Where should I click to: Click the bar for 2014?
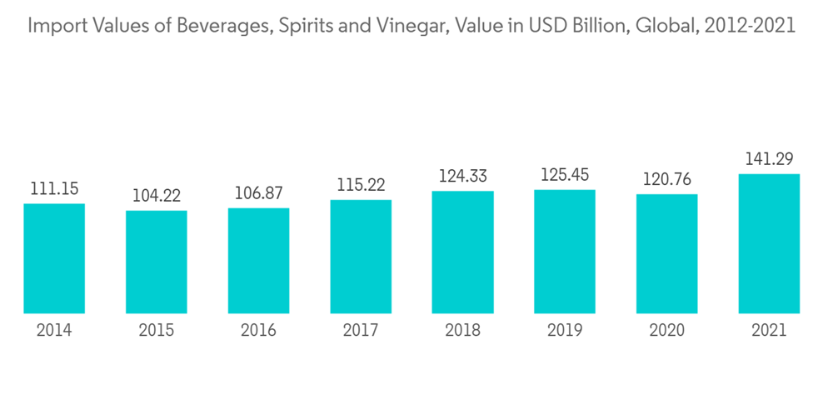pos(54,258)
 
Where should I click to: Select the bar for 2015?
pos(157,262)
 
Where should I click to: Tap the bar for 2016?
pos(258,261)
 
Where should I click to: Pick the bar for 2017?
pos(361,257)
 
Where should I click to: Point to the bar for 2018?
pos(462,252)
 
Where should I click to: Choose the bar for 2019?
pos(565,252)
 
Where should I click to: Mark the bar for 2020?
pos(666,253)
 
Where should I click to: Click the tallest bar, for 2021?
pos(769,243)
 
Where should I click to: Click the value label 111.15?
pos(54,189)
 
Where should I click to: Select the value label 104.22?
pos(157,197)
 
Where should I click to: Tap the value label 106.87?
pos(258,193)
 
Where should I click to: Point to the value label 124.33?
pos(462,177)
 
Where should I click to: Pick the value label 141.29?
pos(769,159)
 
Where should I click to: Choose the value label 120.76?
pos(666,180)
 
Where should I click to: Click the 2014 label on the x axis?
pos(54,331)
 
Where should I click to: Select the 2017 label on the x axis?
pos(361,331)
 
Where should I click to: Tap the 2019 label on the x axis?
pos(565,331)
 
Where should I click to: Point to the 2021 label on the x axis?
pos(769,331)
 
